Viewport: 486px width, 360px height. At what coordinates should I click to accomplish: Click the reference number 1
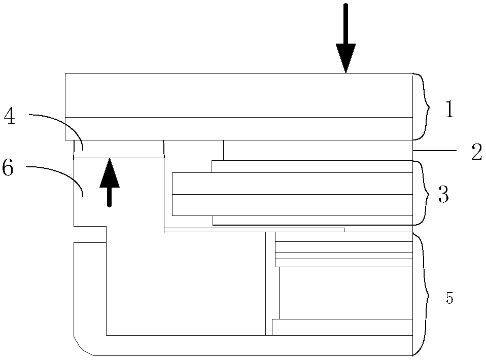click(450, 109)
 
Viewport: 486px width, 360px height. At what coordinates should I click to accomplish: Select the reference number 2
click(477, 152)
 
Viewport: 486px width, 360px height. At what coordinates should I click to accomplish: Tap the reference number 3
click(443, 194)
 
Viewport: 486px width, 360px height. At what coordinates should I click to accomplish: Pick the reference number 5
click(449, 298)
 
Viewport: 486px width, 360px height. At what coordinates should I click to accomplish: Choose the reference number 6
click(8, 168)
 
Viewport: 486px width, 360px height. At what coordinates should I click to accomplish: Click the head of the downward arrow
click(346, 58)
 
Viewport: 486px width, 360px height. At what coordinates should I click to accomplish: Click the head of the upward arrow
click(110, 172)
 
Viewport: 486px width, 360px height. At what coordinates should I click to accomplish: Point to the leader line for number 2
click(435, 151)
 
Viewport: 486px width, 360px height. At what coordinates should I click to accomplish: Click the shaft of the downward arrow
click(346, 23)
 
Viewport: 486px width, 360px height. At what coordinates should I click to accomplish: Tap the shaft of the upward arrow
click(109, 197)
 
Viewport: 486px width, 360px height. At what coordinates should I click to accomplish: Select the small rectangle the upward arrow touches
click(119, 150)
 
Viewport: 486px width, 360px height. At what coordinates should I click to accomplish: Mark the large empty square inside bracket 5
click(345, 293)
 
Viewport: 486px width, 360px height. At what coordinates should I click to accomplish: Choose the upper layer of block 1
click(238, 95)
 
